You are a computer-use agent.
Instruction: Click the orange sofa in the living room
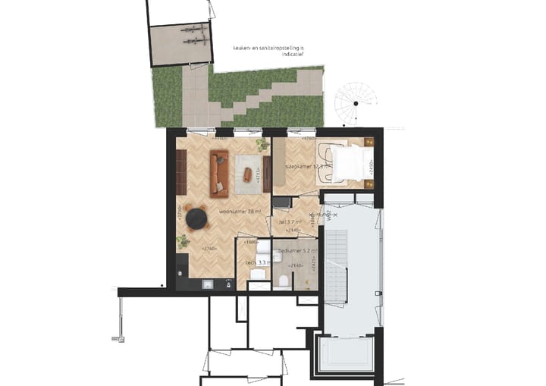[x=219, y=171]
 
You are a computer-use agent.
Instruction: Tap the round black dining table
[x=197, y=218]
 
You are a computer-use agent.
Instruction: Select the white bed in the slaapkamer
[x=348, y=163]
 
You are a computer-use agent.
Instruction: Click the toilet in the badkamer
[x=283, y=281]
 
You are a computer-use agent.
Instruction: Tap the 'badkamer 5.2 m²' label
[x=297, y=251]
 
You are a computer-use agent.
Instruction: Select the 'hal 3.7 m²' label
[x=290, y=221]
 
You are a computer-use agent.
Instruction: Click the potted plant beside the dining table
[x=183, y=241]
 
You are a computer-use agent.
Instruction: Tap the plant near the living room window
[x=262, y=144]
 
